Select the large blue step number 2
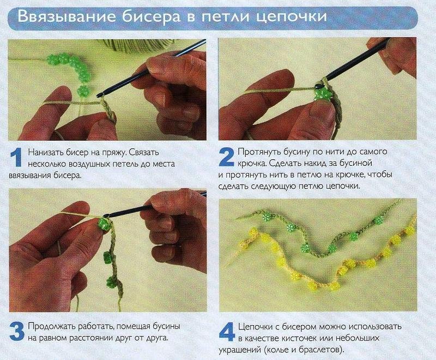[227, 157]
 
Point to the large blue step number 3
[17, 331]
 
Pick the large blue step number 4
[227, 332]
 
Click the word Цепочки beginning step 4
[256, 326]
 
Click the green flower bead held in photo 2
[322, 94]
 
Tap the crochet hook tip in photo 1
[99, 95]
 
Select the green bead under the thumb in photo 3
[103, 224]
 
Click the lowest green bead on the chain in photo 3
[112, 282]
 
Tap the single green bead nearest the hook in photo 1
[83, 91]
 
